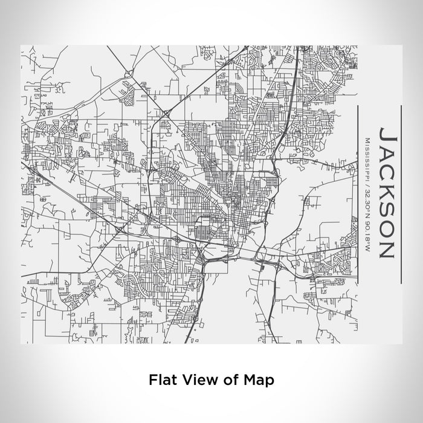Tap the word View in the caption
pyautogui.click(x=195, y=380)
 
